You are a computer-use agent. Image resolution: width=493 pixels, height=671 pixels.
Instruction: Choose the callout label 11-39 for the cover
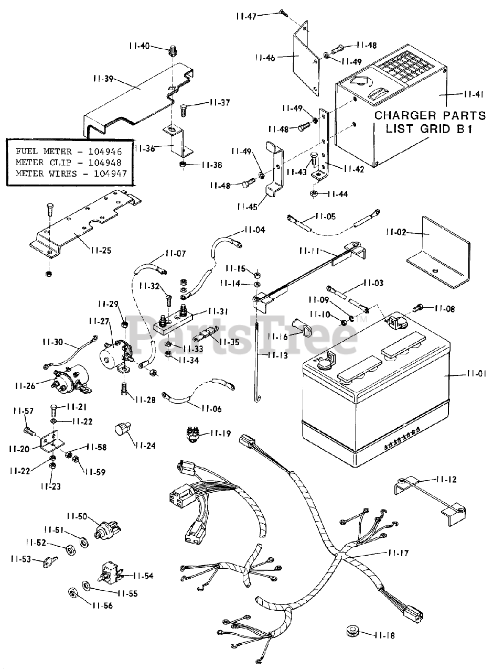point(102,79)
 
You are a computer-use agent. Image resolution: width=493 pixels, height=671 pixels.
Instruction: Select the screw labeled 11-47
point(282,12)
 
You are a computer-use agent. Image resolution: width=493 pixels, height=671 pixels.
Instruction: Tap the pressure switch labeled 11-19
point(196,434)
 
